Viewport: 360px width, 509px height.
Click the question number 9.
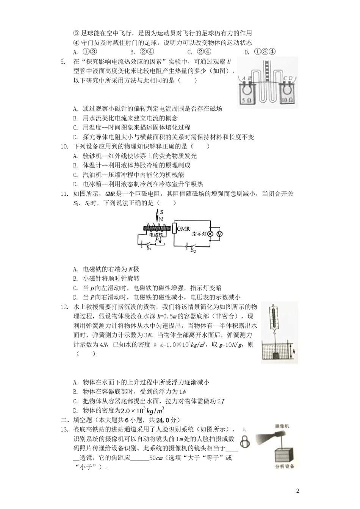click(x=63, y=62)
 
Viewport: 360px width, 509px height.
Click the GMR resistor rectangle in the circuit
click(x=174, y=229)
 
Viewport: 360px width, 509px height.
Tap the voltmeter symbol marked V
click(x=219, y=234)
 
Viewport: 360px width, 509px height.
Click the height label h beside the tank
click(x=294, y=352)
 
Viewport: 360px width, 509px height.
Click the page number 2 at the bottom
click(x=297, y=491)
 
